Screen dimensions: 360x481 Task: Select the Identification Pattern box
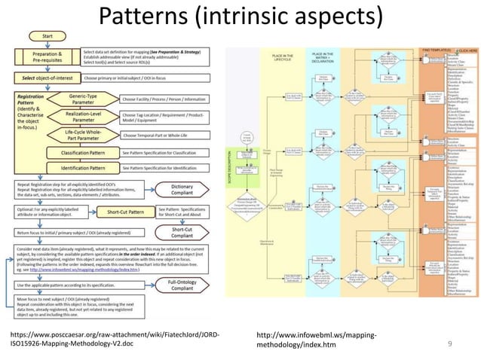point(75,168)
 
